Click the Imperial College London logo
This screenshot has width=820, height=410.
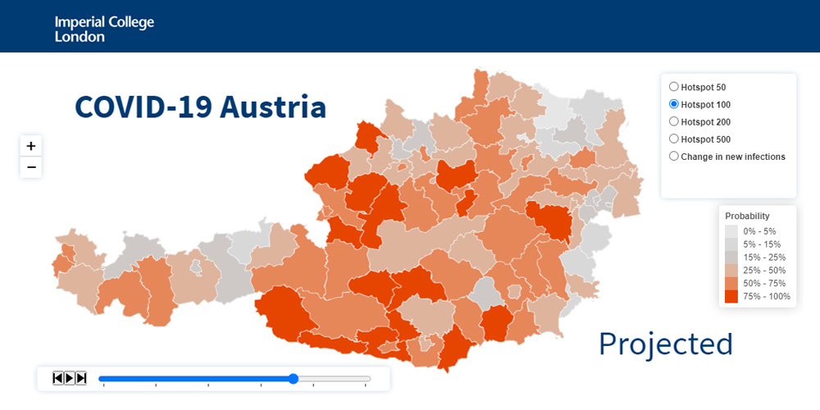pos(104,29)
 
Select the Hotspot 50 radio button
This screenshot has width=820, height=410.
pos(674,87)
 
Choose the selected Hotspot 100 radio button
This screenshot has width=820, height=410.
pos(674,104)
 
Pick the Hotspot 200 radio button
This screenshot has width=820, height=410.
pos(674,121)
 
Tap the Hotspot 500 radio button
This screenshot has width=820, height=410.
pos(674,139)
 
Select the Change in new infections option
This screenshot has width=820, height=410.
pos(674,157)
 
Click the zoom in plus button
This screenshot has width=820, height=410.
pos(31,146)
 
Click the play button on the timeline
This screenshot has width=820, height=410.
pos(70,378)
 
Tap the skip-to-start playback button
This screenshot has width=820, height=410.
pos(58,378)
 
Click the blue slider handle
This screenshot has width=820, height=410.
pos(294,379)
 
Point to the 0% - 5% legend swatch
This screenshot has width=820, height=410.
pos(731,231)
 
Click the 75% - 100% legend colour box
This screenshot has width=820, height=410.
pos(731,296)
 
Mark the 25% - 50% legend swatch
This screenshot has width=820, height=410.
pos(731,270)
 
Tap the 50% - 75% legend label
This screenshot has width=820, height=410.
pos(766,283)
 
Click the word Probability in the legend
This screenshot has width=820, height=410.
pos(747,216)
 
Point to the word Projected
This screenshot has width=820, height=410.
pos(666,344)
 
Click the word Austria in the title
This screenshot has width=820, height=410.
pos(274,107)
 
